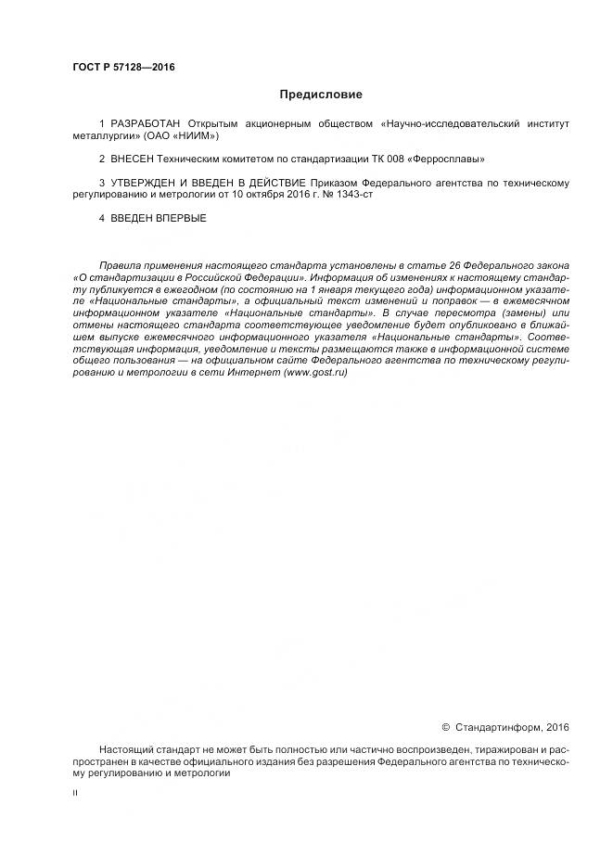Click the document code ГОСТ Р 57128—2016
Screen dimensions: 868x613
[x=123, y=67]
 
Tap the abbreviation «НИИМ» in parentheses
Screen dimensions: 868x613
[x=199, y=135]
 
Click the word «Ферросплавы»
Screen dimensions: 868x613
[x=452, y=160]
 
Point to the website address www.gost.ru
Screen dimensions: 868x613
[x=316, y=372]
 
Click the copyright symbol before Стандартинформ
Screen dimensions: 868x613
[x=445, y=726]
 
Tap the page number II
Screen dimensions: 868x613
[x=75, y=792]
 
